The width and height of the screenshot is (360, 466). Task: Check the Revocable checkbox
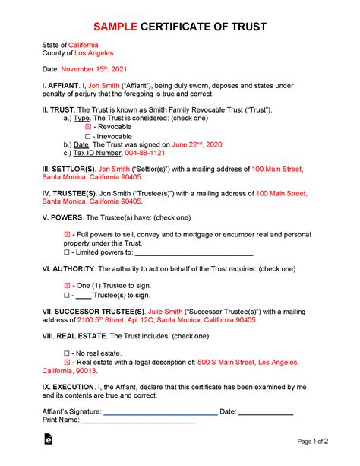(x=88, y=127)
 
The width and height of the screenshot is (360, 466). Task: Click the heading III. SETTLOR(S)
(x=68, y=167)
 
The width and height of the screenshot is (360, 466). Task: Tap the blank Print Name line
(x=138, y=420)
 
